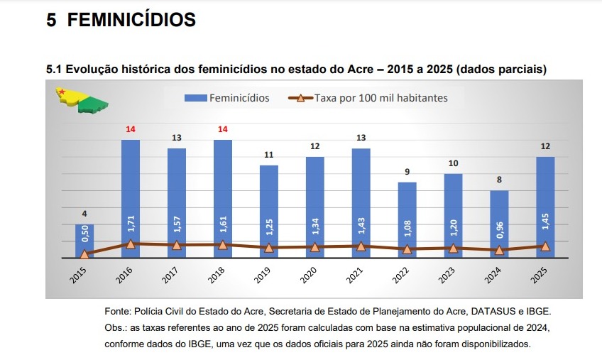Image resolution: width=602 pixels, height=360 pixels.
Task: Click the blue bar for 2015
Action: pos(84,241)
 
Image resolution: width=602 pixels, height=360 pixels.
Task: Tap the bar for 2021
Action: pos(361,202)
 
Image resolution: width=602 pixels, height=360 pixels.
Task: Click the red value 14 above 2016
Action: pos(131,129)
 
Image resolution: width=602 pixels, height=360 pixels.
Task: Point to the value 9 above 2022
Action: pos(407,171)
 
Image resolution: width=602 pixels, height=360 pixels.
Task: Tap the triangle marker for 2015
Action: pos(84,254)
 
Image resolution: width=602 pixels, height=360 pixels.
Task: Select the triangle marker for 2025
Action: pos(545,246)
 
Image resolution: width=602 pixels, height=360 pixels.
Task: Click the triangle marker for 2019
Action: pos(269,248)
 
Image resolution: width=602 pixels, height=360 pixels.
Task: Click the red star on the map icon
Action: pos(62,92)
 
